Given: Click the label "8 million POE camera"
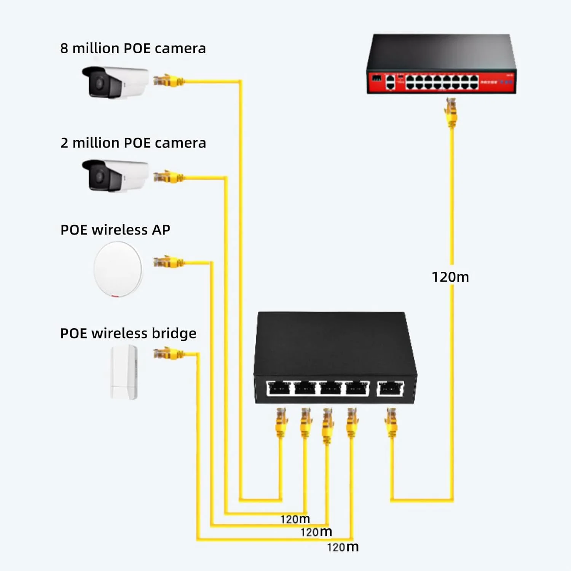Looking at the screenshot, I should point(133,48).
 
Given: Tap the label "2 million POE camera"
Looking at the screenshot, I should point(133,143).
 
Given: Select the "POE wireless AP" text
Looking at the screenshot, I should point(115,230).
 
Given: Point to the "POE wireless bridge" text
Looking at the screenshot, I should point(128,333).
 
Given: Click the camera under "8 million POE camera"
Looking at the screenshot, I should point(115,82).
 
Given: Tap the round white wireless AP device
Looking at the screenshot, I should point(118,269).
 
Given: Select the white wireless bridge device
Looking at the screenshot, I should point(124,372).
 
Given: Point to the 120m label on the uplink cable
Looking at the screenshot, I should point(450,277).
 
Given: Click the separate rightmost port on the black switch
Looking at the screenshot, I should point(390,389).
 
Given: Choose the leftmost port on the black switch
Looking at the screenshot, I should point(279,389).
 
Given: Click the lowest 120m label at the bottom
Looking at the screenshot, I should point(343,547).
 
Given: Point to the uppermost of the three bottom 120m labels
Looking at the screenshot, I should point(295,519).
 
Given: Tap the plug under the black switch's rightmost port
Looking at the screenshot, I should point(391,423).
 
